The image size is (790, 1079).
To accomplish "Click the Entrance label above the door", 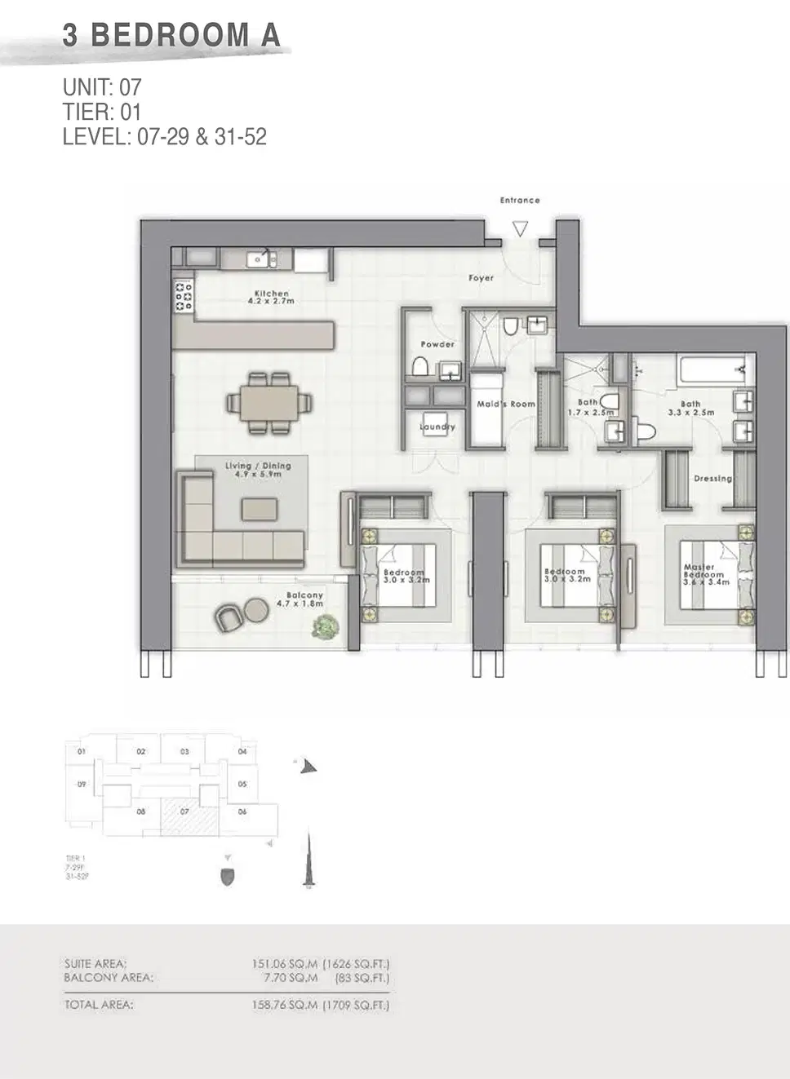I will [x=520, y=200].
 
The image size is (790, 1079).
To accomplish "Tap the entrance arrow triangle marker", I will [x=520, y=229].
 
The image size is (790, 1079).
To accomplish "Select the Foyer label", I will [x=481, y=278].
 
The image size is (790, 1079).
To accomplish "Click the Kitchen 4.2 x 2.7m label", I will [x=271, y=297].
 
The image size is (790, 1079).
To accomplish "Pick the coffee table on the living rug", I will [x=260, y=509].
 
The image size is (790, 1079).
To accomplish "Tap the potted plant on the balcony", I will [x=326, y=626].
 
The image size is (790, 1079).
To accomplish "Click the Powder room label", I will [x=437, y=344].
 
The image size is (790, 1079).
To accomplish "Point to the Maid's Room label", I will [x=506, y=404].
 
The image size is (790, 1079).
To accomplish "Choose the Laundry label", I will [x=437, y=427].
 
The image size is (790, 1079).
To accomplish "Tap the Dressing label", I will [x=712, y=479].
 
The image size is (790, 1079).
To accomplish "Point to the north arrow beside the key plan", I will [x=308, y=766].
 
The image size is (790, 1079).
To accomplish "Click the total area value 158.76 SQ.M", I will [x=284, y=1005].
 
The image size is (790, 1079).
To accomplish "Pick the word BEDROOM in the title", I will [x=170, y=35].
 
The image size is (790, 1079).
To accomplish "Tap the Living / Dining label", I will [x=258, y=469].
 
